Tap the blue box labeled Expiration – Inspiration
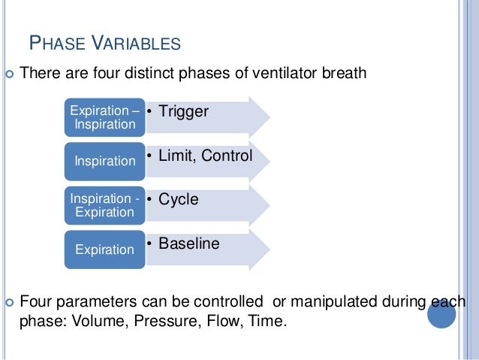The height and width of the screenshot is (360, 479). [x=104, y=117]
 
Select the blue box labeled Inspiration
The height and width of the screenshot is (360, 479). [x=104, y=161]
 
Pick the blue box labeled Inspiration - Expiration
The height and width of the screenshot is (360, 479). [x=104, y=205]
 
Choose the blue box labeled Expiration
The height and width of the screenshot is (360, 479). [x=104, y=249]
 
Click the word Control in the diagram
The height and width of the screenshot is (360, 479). [x=227, y=156]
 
